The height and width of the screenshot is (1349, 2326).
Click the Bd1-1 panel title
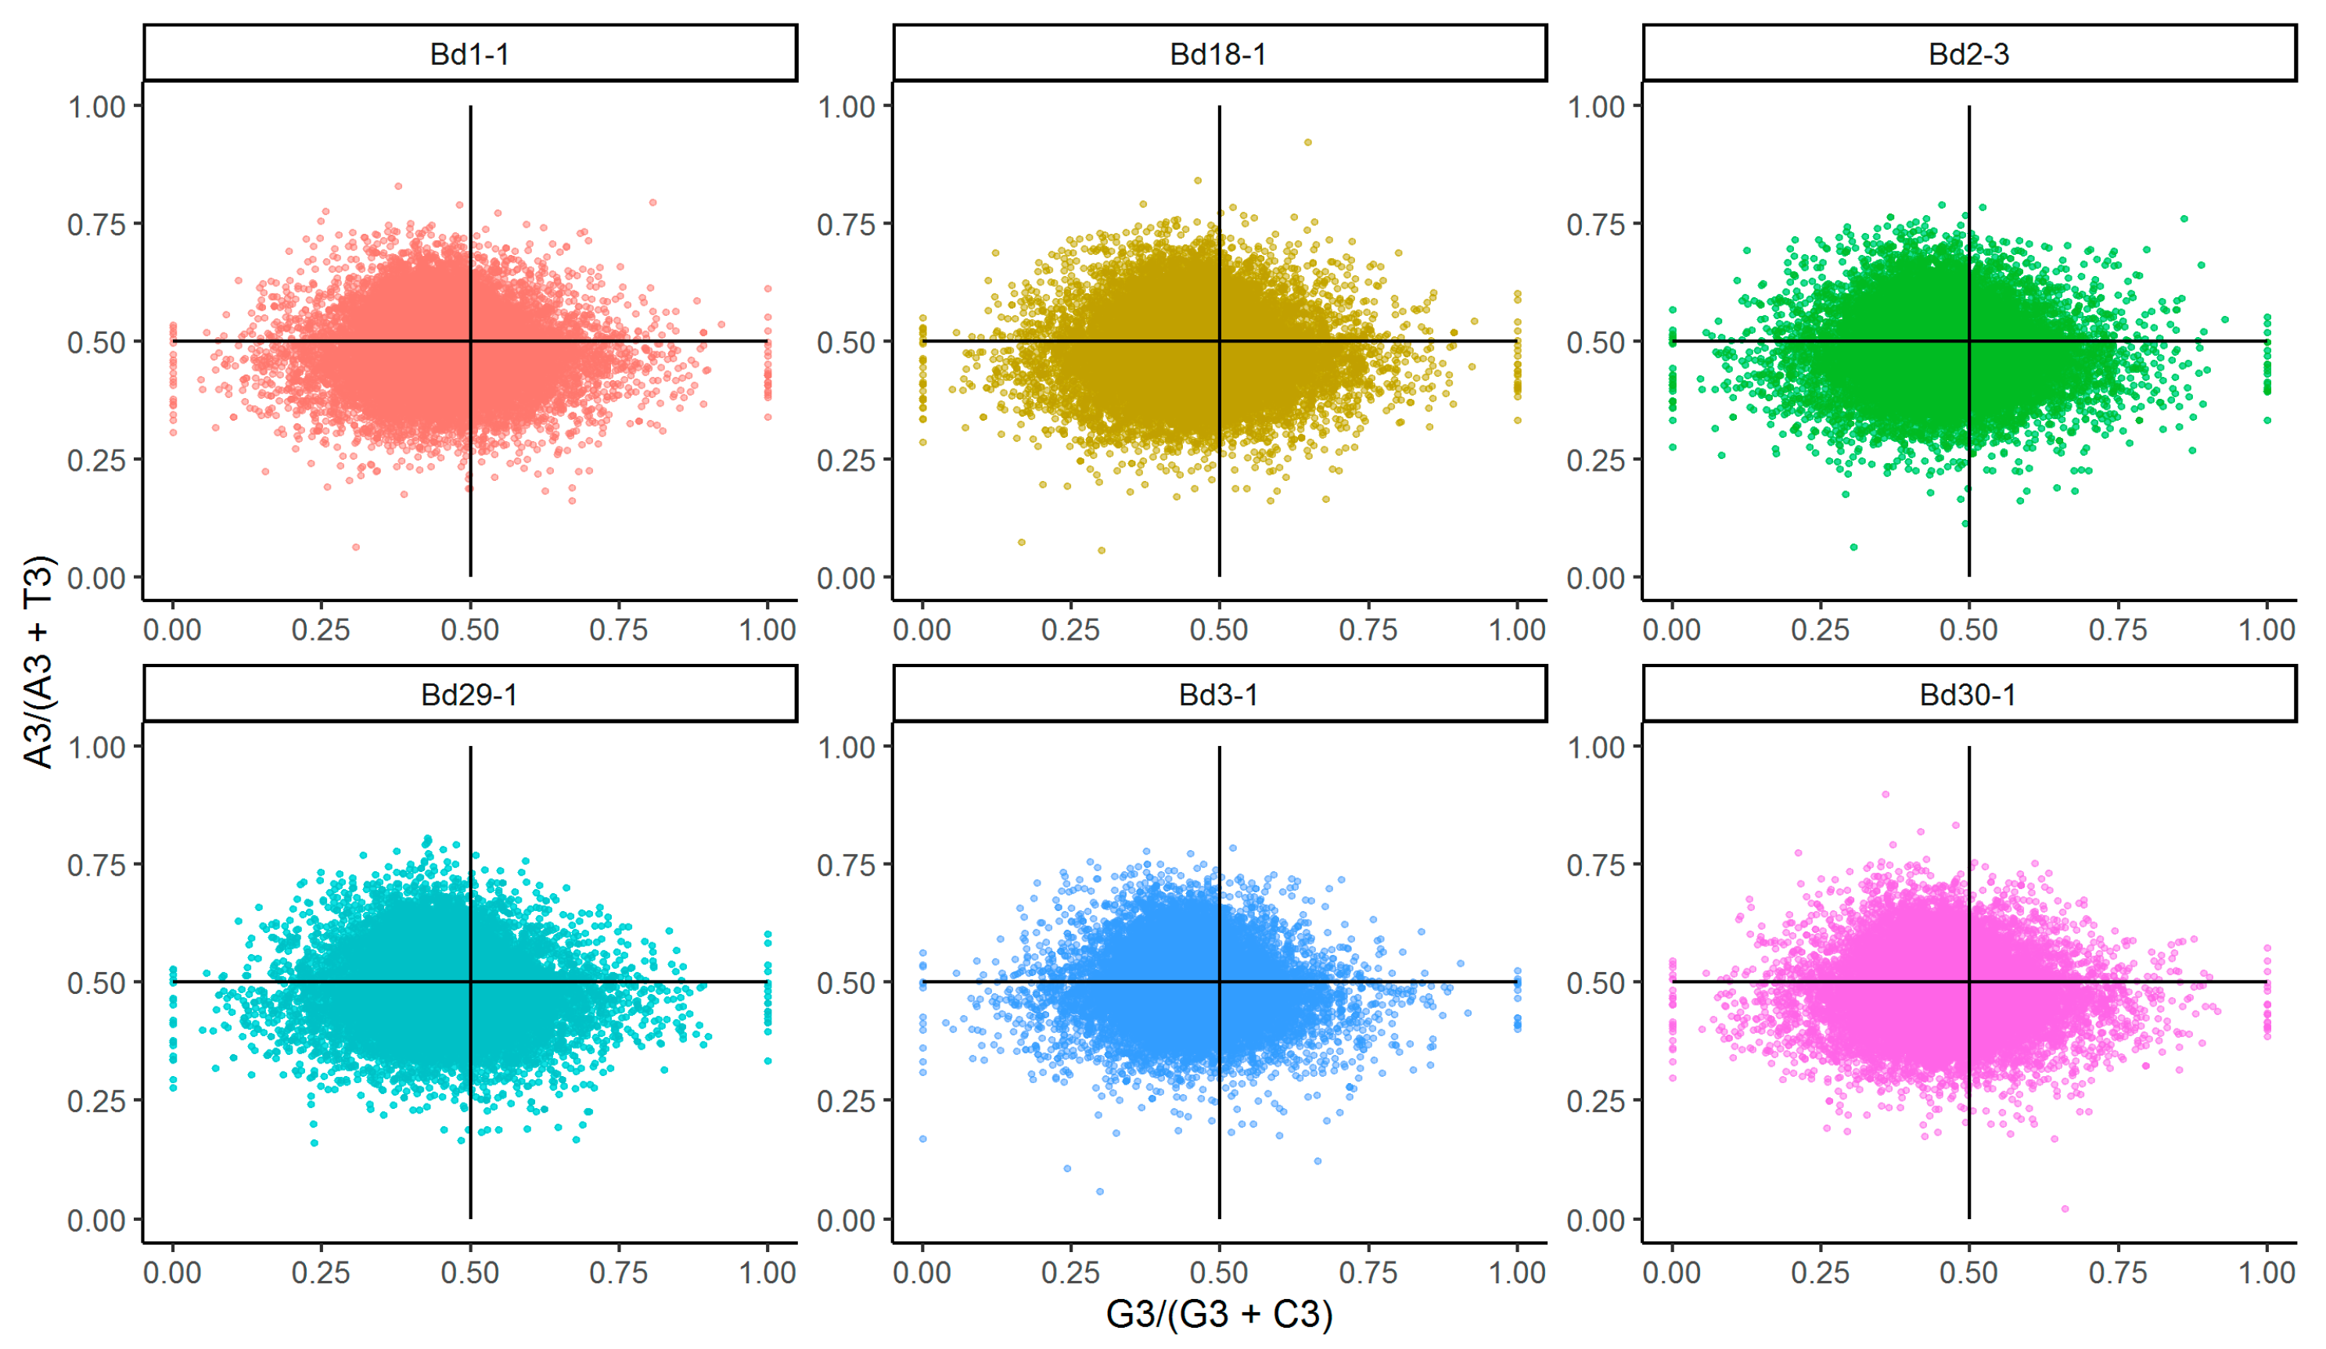coord(469,53)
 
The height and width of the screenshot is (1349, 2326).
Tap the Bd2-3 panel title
coord(1968,53)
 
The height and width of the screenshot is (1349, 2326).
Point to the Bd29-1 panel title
coord(469,694)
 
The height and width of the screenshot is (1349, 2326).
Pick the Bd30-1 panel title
coord(1968,694)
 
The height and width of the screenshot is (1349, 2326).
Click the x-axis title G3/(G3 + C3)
coord(1218,1314)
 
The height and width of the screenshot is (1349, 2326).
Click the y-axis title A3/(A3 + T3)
coord(39,662)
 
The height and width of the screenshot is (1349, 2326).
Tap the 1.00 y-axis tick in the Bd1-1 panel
coord(96,106)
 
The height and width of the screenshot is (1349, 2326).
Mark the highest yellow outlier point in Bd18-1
coord(1307,142)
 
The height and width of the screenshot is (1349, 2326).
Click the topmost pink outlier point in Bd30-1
coord(1885,794)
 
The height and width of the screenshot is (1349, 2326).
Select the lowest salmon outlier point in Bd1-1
coord(356,547)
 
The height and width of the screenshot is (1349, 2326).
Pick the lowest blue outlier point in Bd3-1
coord(1099,1191)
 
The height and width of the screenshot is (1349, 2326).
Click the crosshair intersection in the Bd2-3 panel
coord(1968,342)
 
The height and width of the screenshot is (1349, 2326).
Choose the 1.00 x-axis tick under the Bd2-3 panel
coord(2266,630)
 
